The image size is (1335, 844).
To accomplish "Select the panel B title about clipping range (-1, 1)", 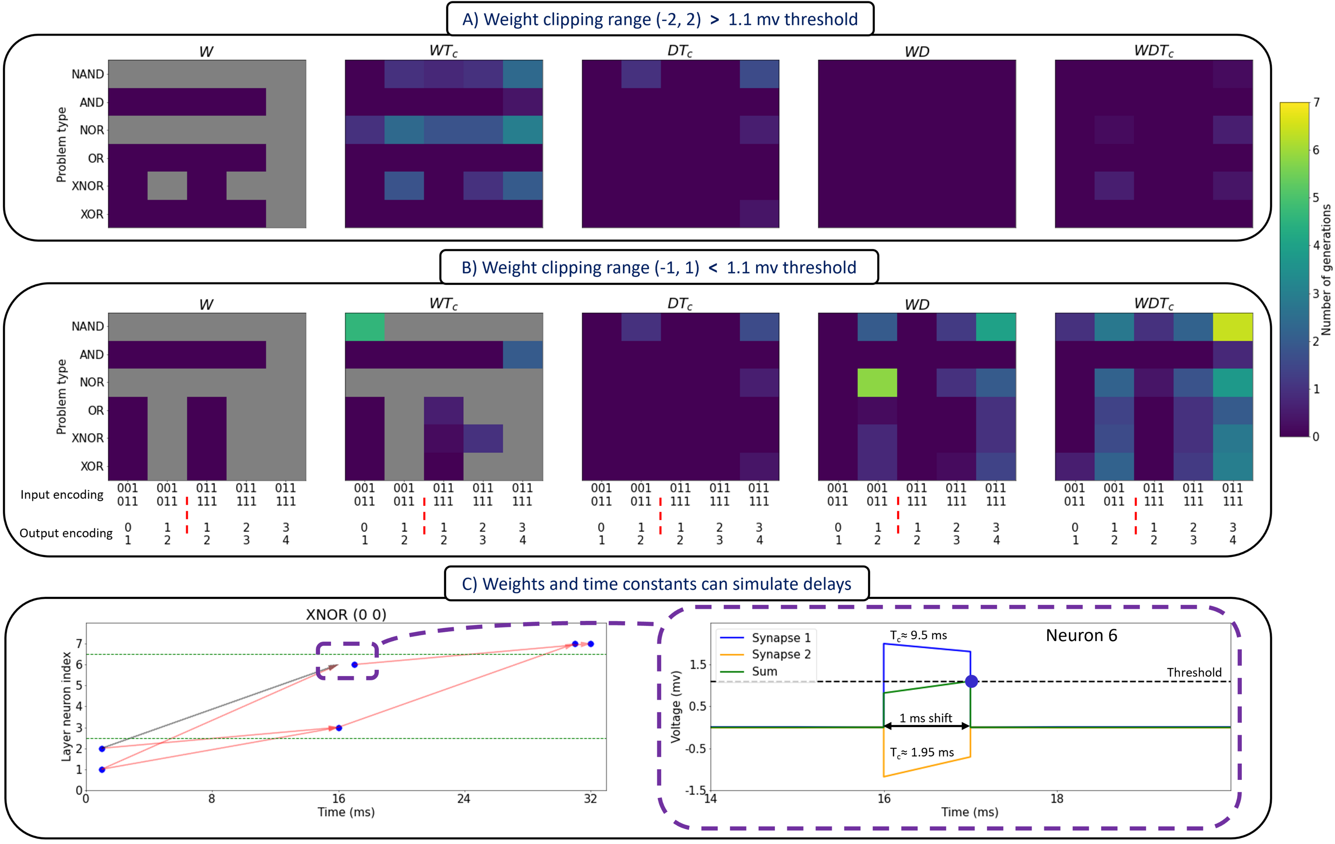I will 658,268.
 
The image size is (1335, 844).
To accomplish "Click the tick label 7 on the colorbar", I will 1316,103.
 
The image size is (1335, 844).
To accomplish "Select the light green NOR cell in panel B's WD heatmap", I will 877,382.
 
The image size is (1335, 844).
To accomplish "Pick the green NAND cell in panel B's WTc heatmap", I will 365,327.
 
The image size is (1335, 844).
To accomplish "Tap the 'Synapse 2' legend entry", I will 781,655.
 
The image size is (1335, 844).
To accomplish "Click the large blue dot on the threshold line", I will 971,682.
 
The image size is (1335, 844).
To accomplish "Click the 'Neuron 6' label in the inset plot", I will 1081,635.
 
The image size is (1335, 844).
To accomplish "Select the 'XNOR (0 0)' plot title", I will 346,615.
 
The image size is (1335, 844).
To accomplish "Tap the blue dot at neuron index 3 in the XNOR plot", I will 339,728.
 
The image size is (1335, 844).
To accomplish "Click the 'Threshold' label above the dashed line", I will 1194,672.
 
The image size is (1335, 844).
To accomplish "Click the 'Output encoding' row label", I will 66,533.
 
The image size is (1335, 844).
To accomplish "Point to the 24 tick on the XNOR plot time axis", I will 464,799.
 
